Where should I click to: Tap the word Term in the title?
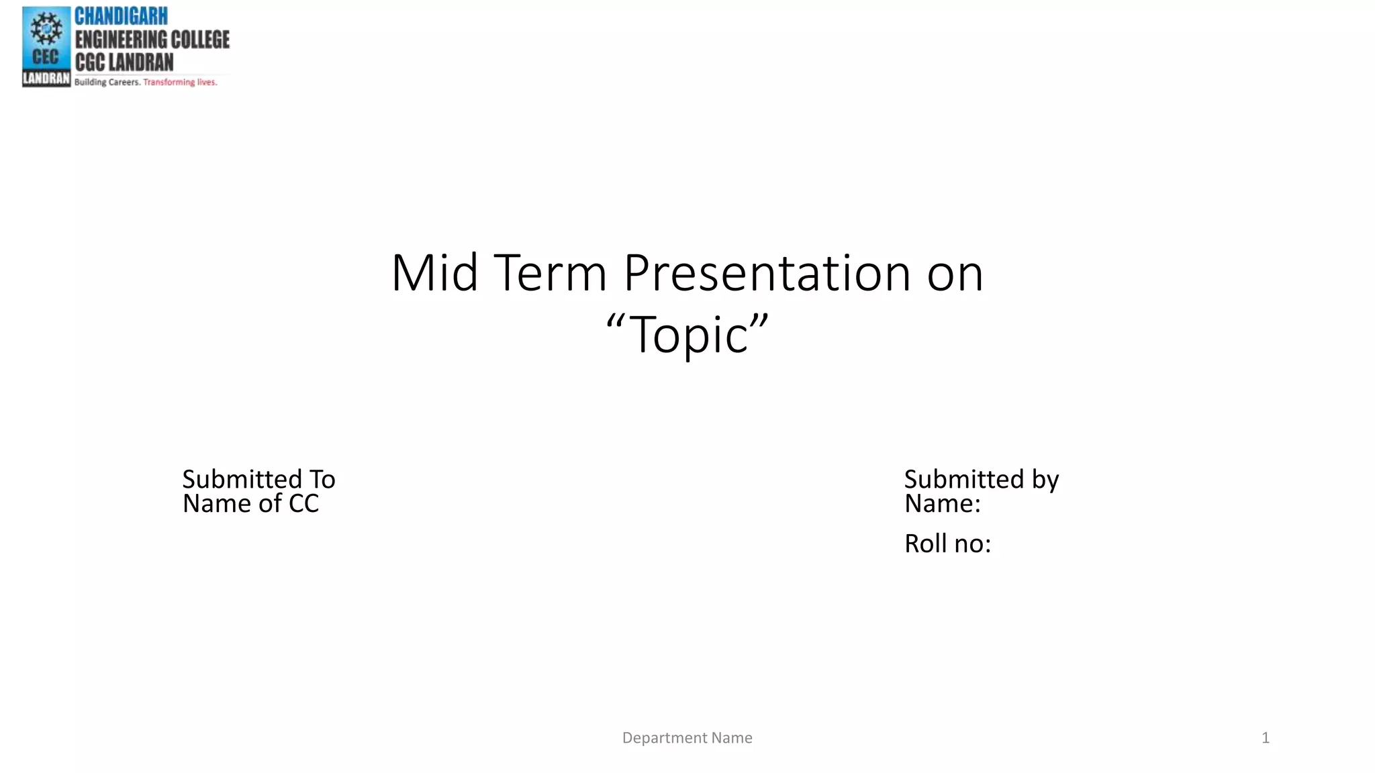550,273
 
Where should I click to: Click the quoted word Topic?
687,334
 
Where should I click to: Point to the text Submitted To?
258,479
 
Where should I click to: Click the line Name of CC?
250,504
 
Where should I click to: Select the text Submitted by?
981,479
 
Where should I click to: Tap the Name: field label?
942,504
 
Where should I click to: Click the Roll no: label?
947,544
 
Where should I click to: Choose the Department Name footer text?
687,738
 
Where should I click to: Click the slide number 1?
1265,738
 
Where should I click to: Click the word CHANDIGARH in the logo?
121,16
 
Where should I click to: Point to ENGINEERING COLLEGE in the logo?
152,40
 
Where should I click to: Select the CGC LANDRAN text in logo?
124,62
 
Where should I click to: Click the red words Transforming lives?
180,83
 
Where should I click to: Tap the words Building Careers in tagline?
107,83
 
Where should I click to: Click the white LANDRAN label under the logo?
46,79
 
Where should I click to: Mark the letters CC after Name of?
303,504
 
